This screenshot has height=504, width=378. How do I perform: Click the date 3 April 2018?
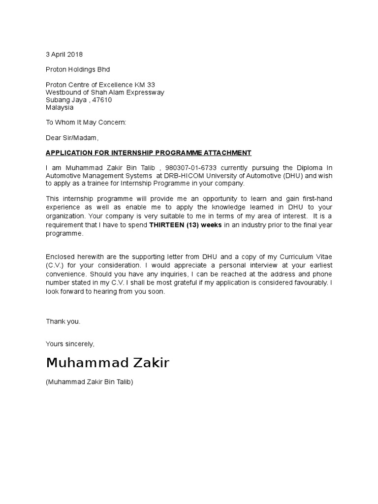[x=64, y=54]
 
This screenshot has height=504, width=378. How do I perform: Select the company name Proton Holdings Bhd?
[x=78, y=69]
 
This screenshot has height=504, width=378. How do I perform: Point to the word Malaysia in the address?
[x=60, y=107]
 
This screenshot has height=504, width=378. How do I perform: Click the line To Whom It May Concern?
[x=86, y=122]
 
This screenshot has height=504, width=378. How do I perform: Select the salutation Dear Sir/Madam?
[x=72, y=138]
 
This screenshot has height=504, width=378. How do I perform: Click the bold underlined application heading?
[x=149, y=153]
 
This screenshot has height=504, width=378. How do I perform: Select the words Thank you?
[x=63, y=321]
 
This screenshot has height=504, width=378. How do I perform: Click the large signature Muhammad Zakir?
[x=107, y=363]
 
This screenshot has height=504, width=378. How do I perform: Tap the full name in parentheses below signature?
[x=90, y=382]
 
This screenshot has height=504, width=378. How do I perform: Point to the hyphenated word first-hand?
[x=316, y=198]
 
